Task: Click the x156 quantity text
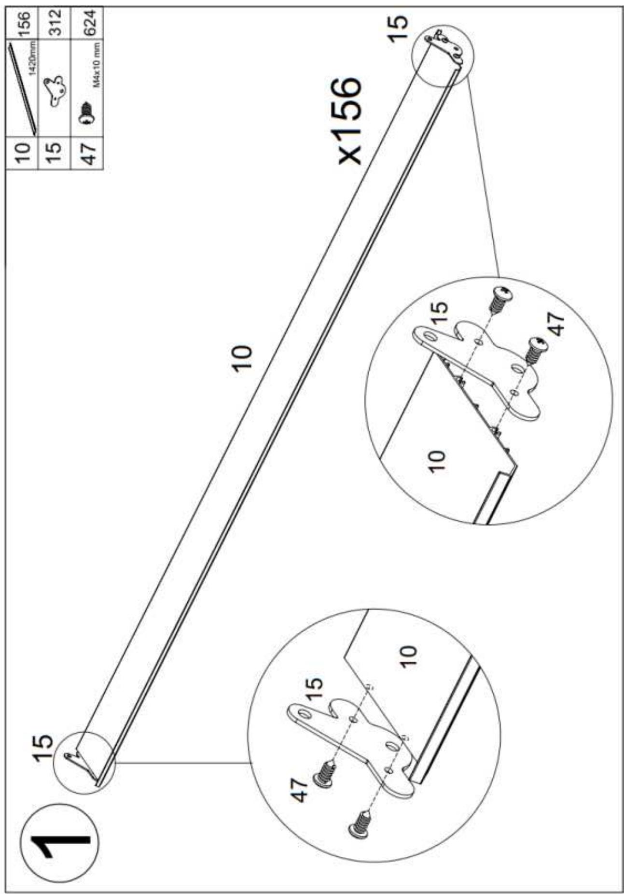click(x=349, y=121)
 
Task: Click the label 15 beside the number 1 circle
click(x=44, y=748)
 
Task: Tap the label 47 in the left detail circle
click(x=300, y=791)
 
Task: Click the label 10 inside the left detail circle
click(x=407, y=656)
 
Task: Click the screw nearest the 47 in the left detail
click(x=325, y=773)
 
